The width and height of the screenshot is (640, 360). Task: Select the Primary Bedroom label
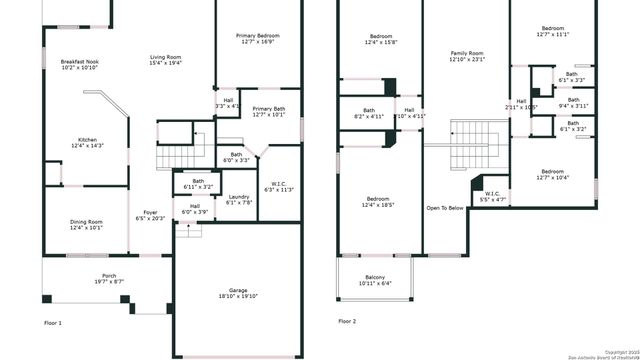[x=258, y=39]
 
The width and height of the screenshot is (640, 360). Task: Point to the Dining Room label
[x=86, y=224]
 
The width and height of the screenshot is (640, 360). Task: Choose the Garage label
[x=238, y=293]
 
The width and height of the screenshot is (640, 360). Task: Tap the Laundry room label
[x=238, y=199]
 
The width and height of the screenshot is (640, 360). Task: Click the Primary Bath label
[x=268, y=111]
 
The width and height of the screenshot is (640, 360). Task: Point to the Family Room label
[x=466, y=56]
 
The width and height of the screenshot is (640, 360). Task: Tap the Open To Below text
[x=445, y=208]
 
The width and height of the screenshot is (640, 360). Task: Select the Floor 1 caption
[x=53, y=323]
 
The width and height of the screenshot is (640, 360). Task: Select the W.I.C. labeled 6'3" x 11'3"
[x=279, y=185]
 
